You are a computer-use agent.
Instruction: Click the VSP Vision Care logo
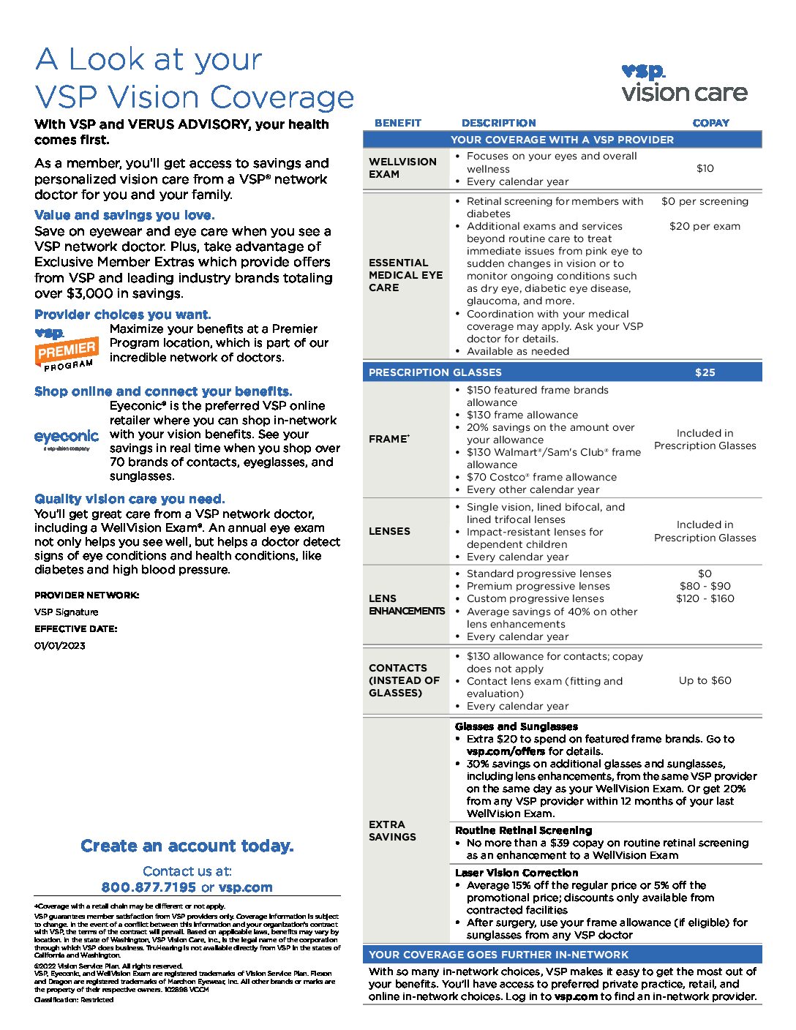pyautogui.click(x=684, y=83)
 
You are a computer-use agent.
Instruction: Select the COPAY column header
pyautogui.click(x=710, y=123)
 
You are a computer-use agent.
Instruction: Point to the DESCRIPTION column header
pyautogui.click(x=498, y=123)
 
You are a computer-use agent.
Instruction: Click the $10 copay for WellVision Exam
pyautogui.click(x=705, y=168)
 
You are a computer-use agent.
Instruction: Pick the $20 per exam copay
pyautogui.click(x=705, y=226)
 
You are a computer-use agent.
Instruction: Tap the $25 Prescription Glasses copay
pyautogui.click(x=705, y=372)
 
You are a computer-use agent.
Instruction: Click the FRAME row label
pyautogui.click(x=388, y=439)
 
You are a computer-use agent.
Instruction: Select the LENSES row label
pyautogui.click(x=389, y=531)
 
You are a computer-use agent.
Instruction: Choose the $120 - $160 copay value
pyautogui.click(x=705, y=598)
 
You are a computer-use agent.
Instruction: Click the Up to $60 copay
pyautogui.click(x=705, y=680)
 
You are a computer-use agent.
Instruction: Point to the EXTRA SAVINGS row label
pyautogui.click(x=392, y=830)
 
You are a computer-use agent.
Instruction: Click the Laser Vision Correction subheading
pyautogui.click(x=517, y=873)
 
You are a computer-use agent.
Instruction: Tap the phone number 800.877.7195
pyautogui.click(x=149, y=887)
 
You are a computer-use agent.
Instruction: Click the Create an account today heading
pyautogui.click(x=187, y=846)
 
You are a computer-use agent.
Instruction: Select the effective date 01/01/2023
pyautogui.click(x=60, y=645)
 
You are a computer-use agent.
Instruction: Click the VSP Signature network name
pyautogui.click(x=66, y=612)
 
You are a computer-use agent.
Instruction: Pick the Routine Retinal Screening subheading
pyautogui.click(x=523, y=830)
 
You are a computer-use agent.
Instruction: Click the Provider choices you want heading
pyautogui.click(x=123, y=315)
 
